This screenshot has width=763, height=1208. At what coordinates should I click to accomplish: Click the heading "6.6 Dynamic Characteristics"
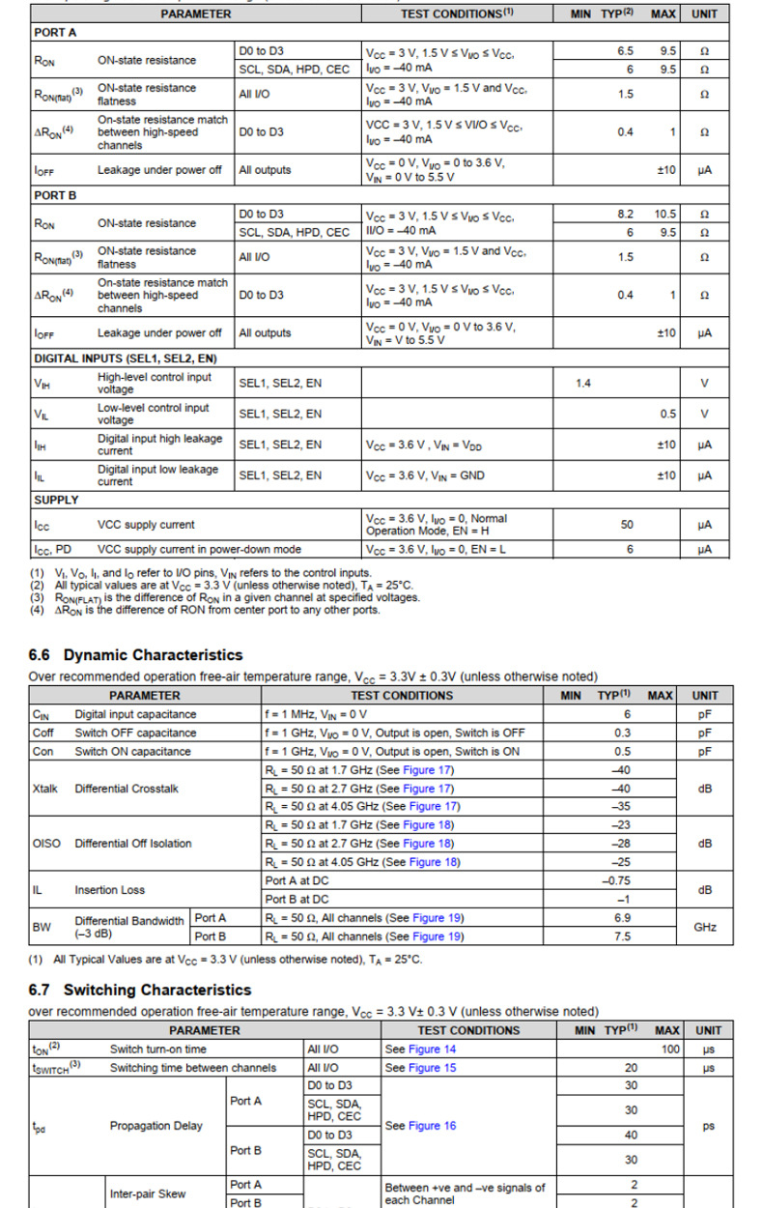pos(135,655)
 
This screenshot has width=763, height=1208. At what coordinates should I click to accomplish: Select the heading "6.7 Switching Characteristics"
pos(140,990)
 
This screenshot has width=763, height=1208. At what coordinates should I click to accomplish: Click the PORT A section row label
pos(55,32)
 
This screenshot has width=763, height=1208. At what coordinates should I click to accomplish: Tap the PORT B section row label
pos(55,195)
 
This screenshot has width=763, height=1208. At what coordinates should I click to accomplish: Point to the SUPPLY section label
pos(57,500)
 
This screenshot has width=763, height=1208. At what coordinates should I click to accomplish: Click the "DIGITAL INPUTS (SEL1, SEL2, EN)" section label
pos(126,359)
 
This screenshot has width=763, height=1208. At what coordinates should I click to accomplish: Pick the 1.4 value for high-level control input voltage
pos(583,384)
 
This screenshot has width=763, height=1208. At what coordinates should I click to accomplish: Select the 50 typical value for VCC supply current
pos(627,525)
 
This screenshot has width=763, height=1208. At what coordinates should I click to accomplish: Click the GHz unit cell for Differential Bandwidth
pos(705,927)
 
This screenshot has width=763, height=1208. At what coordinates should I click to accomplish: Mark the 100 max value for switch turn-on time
pos(670,1049)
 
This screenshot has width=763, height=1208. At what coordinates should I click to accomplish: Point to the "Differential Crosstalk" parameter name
pos(127,789)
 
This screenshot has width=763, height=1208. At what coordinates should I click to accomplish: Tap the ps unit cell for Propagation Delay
pos(708,1126)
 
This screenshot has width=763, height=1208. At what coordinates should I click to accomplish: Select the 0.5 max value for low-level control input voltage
pos(668,415)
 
